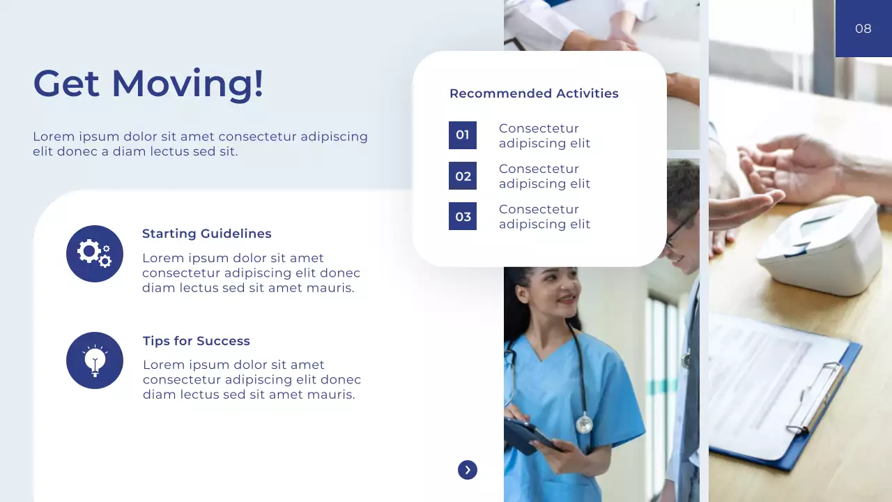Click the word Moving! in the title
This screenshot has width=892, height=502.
[x=187, y=83]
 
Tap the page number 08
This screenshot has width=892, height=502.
[x=863, y=29]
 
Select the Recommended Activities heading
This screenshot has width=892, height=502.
[x=534, y=93]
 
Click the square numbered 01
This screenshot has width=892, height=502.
[x=463, y=135]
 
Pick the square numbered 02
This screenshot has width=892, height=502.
[x=463, y=176]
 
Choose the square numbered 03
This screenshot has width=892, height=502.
[x=463, y=216]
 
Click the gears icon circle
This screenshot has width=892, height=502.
[x=95, y=254]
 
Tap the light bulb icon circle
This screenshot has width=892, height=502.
[x=95, y=360]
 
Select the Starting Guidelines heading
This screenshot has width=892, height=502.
[x=207, y=234]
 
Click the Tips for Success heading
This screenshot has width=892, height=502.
[x=197, y=341]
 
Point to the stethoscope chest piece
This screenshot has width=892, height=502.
[x=584, y=423]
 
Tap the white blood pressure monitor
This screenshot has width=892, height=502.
[x=812, y=244]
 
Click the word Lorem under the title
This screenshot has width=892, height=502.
[x=53, y=137]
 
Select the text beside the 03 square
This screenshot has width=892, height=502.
[x=544, y=216]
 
